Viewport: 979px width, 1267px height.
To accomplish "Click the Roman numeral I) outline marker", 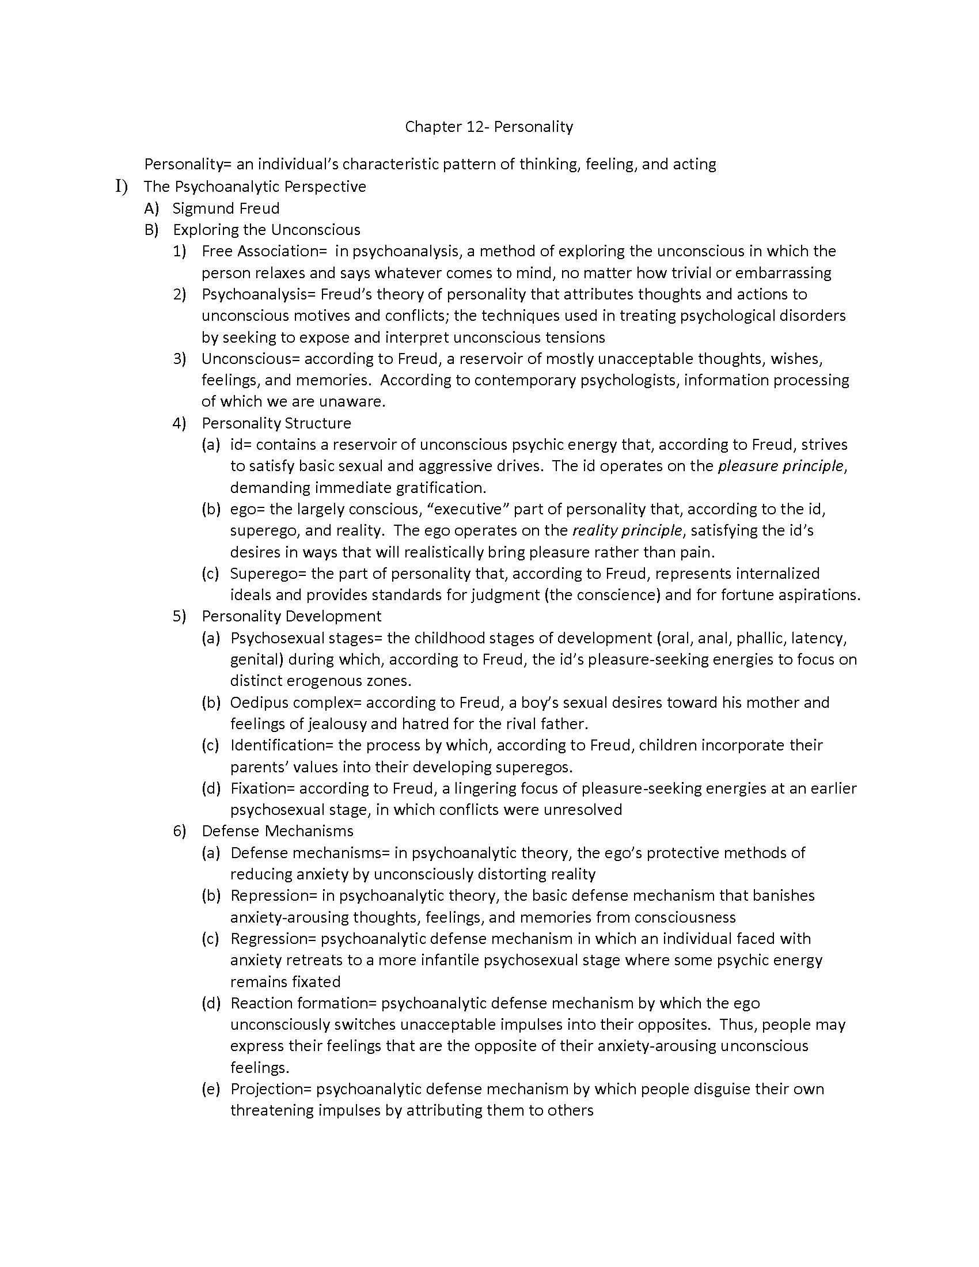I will pos(121,187).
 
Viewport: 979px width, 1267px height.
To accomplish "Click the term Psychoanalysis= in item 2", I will pos(258,294).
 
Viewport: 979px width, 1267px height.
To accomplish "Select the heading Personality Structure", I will pos(276,423).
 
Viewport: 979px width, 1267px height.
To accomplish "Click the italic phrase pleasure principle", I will pos(780,466).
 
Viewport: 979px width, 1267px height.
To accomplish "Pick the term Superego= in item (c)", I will pos(268,573).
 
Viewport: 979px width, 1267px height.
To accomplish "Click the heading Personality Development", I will pos(291,616).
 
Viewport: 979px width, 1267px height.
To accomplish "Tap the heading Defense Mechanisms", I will pos(277,830).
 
